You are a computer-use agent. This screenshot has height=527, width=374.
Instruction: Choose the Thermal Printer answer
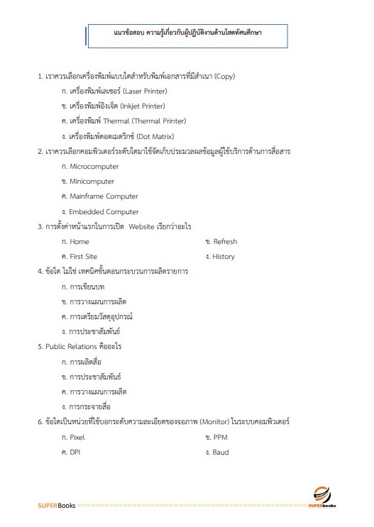tap(124, 121)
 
